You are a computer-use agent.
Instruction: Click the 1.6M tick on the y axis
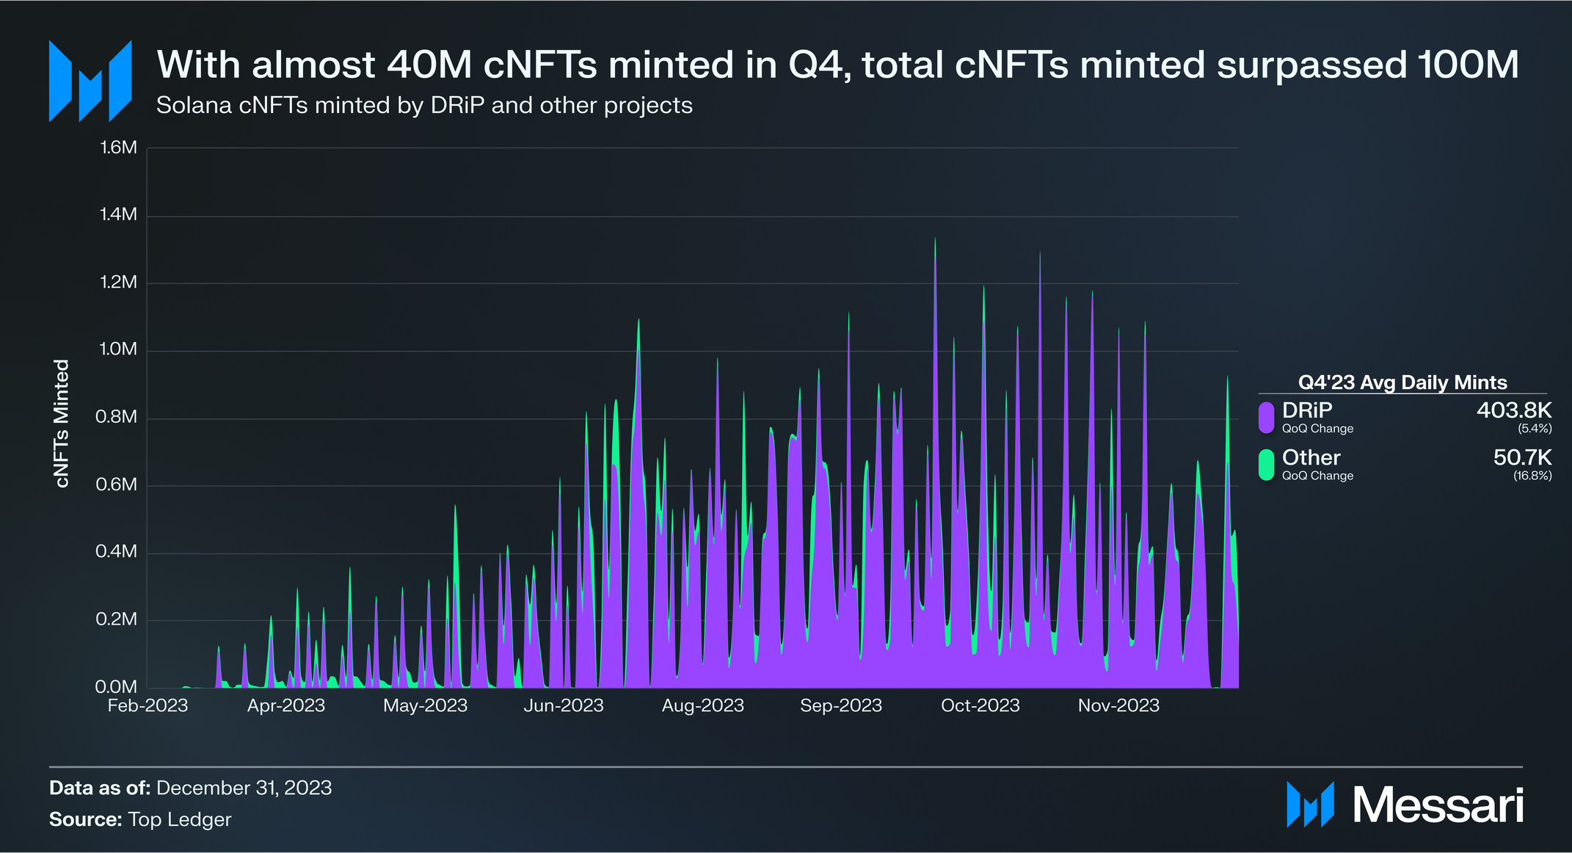pyautogui.click(x=118, y=148)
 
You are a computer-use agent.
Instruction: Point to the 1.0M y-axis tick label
pyautogui.click(x=118, y=349)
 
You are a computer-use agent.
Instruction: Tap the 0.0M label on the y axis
pyautogui.click(x=117, y=687)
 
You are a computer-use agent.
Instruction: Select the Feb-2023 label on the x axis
pyautogui.click(x=148, y=705)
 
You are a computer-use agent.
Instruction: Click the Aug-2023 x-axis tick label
pyautogui.click(x=702, y=705)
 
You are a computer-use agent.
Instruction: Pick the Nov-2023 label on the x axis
pyautogui.click(x=1118, y=705)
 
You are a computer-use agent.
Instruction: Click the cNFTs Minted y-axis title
pyautogui.click(x=62, y=423)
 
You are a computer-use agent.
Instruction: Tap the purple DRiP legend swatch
pyautogui.click(x=1266, y=417)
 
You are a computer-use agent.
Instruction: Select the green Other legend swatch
pyautogui.click(x=1266, y=465)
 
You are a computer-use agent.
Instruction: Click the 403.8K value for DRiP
pyautogui.click(x=1513, y=410)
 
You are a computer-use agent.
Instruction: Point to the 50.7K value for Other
pyautogui.click(x=1522, y=457)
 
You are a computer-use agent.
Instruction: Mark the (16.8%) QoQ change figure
pyautogui.click(x=1532, y=476)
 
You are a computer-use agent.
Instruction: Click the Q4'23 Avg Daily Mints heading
pyautogui.click(x=1402, y=382)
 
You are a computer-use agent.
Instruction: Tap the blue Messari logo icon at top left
pyautogui.click(x=90, y=81)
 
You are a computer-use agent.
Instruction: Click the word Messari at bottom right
pyautogui.click(x=1438, y=805)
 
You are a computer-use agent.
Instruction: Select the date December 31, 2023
pyautogui.click(x=244, y=788)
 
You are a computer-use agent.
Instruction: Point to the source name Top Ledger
pyautogui.click(x=179, y=819)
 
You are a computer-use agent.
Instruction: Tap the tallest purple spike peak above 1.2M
pyautogui.click(x=934, y=239)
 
